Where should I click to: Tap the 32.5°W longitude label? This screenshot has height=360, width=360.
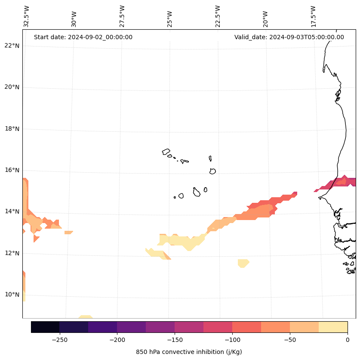point(27,16)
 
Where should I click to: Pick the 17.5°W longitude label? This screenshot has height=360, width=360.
point(313,16)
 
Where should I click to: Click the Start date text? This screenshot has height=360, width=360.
point(83,37)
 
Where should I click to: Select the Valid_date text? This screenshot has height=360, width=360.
point(289,37)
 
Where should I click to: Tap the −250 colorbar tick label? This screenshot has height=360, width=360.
point(59,340)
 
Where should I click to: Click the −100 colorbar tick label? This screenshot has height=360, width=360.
point(232,340)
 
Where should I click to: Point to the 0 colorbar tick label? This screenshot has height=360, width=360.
point(348,340)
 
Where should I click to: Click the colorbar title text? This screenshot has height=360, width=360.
point(189,352)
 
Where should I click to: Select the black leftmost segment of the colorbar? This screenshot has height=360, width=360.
point(45,327)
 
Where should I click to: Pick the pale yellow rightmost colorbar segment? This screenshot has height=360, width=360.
point(333,327)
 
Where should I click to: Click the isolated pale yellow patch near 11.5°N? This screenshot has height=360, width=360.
point(243,263)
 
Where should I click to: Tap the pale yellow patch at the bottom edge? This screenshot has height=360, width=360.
point(85,317)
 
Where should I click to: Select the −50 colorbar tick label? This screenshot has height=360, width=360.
point(290,340)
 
